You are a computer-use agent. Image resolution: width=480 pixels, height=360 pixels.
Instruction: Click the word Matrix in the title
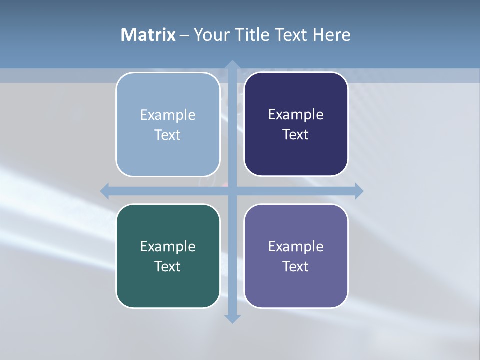[148, 35]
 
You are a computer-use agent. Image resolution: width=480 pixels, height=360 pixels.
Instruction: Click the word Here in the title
[331, 35]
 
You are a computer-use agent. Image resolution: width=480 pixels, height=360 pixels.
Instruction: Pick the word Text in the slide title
[291, 35]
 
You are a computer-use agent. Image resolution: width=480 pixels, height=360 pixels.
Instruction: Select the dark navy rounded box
[296, 155]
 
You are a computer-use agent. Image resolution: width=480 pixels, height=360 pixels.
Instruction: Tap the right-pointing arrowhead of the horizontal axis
[359, 191]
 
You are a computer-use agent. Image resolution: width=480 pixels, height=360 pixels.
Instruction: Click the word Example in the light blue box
[168, 115]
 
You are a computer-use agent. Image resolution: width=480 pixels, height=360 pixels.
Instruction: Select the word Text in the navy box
[296, 135]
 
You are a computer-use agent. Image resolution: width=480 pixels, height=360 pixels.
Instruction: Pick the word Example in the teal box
[168, 246]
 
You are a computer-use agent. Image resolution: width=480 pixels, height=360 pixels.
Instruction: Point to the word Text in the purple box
[296, 266]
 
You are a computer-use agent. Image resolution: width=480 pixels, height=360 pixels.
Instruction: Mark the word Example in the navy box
[296, 115]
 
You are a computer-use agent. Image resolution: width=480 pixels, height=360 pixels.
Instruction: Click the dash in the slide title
[184, 35]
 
